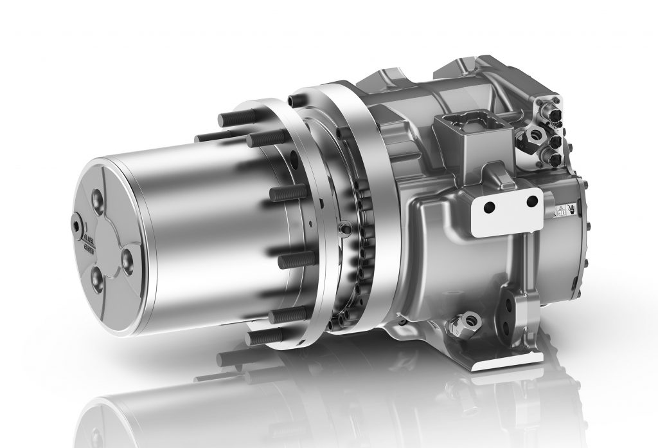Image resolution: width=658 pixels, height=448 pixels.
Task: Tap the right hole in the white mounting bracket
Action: (x=531, y=201)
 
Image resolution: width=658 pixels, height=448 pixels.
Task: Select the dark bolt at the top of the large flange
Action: (x=294, y=100)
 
